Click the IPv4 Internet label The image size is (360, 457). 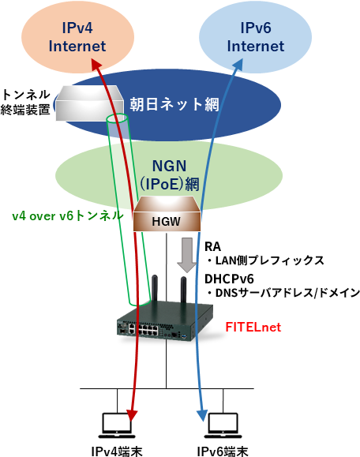tap(77, 37)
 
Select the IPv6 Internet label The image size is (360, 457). tap(256, 37)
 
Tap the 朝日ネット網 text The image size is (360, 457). tap(174, 104)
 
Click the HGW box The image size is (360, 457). tap(167, 214)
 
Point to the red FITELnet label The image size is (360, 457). tap(253, 327)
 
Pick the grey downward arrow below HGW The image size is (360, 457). tap(187, 255)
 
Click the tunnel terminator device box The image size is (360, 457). tap(88, 103)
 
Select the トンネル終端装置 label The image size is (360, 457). tap(25, 103)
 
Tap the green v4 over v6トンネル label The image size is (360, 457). tap(68, 216)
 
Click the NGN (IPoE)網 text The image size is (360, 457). tap(169, 175)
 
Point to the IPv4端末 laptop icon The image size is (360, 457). tap(116, 425)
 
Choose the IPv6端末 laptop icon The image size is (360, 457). tap(223, 425)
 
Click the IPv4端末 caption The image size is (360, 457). tap(117, 451)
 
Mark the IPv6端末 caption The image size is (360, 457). tap(223, 451)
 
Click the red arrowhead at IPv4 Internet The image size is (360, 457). tap(96, 63)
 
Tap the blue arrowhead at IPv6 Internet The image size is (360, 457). tap(238, 65)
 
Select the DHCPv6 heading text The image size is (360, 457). tap(229, 279)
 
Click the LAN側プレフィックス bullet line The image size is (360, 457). tap(264, 260)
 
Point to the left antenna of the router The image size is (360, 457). tap(155, 290)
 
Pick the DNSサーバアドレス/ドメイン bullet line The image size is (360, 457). tap(283, 293)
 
